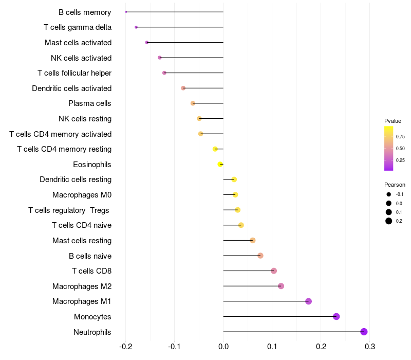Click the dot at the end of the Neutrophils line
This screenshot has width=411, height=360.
(x=364, y=332)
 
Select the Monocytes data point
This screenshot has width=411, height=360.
(x=337, y=316)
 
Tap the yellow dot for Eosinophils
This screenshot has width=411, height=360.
(x=220, y=164)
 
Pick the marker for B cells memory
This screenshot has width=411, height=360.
(x=126, y=12)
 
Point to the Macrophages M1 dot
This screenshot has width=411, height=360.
(x=309, y=301)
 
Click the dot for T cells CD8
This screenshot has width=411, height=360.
(x=274, y=271)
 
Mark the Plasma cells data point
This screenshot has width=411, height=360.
(x=193, y=103)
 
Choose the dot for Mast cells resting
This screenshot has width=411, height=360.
(x=252, y=240)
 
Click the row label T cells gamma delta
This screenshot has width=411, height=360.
(x=78, y=27)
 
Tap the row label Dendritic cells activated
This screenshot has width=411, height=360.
(x=72, y=88)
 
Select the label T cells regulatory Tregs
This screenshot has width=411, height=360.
(x=69, y=210)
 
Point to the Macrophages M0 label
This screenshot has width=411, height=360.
(x=82, y=195)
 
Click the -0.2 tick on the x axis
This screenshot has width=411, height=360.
(x=125, y=347)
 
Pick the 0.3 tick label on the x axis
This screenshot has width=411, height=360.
(x=370, y=347)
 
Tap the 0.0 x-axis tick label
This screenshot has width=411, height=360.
(x=223, y=347)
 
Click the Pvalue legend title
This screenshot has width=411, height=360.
(x=393, y=121)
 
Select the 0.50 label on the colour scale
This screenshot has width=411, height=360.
(x=400, y=149)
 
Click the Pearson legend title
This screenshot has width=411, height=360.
(x=395, y=185)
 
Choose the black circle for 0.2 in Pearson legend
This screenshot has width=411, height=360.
(x=389, y=221)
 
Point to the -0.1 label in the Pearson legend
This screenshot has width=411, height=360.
(x=400, y=194)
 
